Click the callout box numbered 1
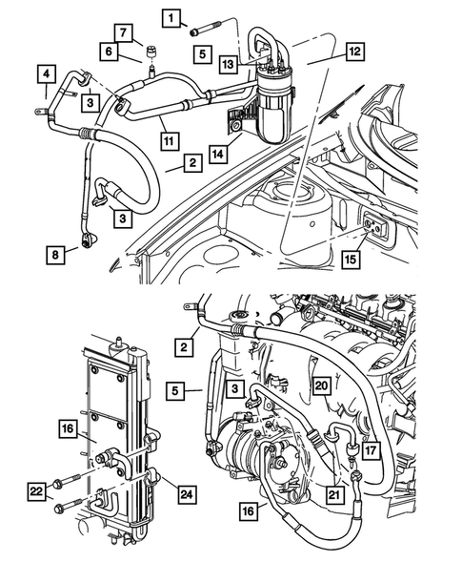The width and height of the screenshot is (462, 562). tap(171, 17)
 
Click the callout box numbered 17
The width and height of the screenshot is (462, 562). tap(370, 416)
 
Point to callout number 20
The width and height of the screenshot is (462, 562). tap(322, 385)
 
